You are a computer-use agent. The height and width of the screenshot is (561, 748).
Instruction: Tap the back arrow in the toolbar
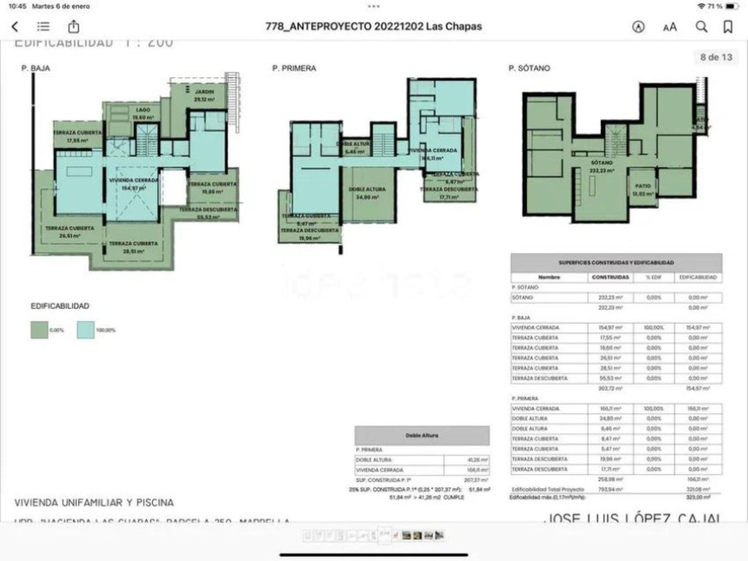(x=15, y=27)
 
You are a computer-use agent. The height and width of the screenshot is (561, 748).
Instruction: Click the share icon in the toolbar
(x=74, y=27)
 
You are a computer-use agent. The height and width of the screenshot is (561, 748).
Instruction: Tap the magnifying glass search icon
(x=702, y=27)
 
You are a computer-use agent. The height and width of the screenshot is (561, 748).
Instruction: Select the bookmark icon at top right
(x=727, y=27)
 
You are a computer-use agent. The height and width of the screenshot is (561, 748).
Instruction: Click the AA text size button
(x=670, y=27)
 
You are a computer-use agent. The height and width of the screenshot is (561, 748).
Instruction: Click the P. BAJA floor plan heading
(x=36, y=69)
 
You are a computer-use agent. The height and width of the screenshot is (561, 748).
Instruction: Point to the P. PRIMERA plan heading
(x=294, y=69)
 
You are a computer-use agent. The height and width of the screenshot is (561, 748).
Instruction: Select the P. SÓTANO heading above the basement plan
(x=529, y=69)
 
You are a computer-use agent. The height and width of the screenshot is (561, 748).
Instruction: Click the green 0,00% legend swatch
(x=39, y=329)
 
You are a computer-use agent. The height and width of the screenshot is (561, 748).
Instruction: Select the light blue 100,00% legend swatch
(x=85, y=329)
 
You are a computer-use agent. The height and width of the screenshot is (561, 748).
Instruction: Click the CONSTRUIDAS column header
(x=610, y=277)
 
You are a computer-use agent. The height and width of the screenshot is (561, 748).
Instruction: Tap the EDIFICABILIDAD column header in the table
(x=698, y=277)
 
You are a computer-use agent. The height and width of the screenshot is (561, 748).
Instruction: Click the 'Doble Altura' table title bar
(x=422, y=436)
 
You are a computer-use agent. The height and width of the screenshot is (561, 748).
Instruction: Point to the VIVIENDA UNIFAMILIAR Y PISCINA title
(x=94, y=502)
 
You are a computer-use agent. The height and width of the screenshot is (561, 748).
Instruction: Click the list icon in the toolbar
(x=43, y=27)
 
